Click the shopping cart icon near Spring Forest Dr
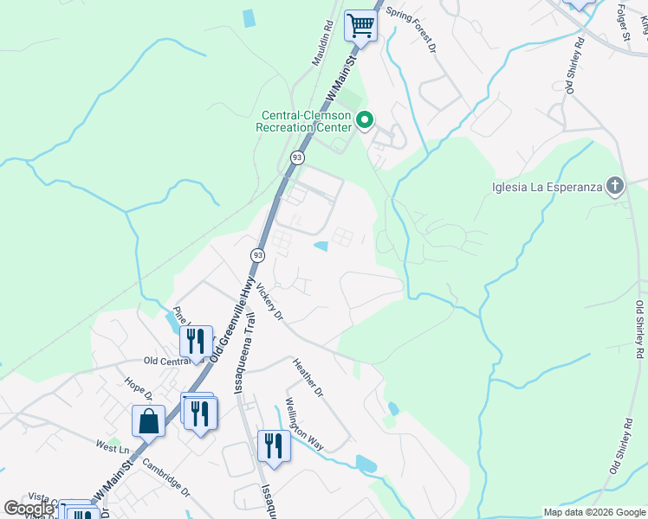point(360,25)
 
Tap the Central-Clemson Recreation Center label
point(304,121)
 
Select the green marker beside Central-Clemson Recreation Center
point(365,121)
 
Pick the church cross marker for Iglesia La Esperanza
point(614,186)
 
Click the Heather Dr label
point(308,379)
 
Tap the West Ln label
point(112,449)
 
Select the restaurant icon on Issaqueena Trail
point(274,445)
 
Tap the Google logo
point(28,509)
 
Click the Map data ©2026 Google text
point(593,512)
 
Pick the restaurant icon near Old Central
point(197,342)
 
